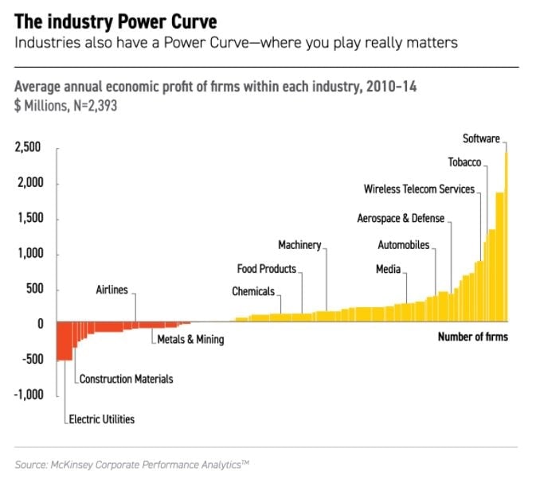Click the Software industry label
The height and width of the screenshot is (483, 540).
coord(481,139)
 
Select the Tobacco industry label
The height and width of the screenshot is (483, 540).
coord(464,163)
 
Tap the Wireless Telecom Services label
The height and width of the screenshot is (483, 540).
coord(419,190)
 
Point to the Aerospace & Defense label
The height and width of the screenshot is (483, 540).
coord(401,218)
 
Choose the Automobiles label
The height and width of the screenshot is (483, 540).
coord(403,245)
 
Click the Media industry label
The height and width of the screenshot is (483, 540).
coord(388,270)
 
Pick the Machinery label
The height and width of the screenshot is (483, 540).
coord(299,245)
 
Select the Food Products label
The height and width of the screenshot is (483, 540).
coord(267,269)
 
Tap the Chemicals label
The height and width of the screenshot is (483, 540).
coord(253,292)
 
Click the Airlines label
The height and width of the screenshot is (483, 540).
coord(112,290)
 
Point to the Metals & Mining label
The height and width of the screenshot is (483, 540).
coord(190,340)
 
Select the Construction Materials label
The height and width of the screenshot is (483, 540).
coord(126,380)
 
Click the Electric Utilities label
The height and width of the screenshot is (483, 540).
coord(102,419)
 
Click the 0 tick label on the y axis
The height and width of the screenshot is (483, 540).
coord(37,324)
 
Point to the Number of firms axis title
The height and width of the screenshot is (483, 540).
coord(472,337)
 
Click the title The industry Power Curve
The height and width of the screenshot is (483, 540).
coord(115,21)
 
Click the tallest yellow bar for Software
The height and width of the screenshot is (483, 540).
coord(506,239)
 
